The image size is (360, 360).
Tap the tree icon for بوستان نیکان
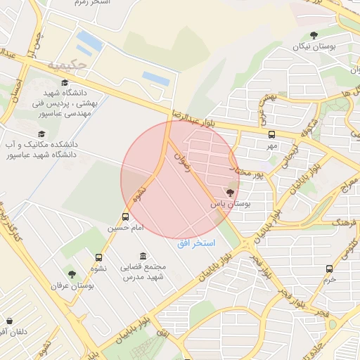pos(314,35)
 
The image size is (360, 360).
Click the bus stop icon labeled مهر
pos(272,134)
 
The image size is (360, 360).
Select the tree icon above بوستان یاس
pos(231,192)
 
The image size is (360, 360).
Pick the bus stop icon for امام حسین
pos(125,217)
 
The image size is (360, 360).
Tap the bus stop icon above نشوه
pos(98,257)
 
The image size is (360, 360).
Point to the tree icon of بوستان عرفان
pos(72,274)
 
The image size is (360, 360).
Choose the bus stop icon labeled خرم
pos(329,268)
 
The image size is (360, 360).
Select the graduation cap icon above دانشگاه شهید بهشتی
pos(65,82)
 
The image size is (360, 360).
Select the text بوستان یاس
pos(231,204)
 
